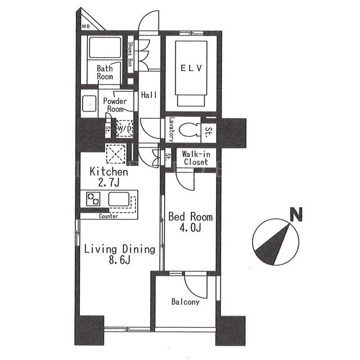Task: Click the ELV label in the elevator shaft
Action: (191, 68)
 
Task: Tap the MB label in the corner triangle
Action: (86, 26)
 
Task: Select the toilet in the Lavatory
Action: (190, 130)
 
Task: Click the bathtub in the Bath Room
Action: (105, 47)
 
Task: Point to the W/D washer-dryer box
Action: (124, 129)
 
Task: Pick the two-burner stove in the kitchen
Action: (93, 199)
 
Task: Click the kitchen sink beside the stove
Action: (119, 199)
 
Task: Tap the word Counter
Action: (109, 216)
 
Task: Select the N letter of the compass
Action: (296, 214)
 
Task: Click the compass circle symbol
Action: (276, 242)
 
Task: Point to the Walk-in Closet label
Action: (196, 158)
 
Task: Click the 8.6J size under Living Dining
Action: (120, 260)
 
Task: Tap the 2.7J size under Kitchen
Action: (109, 182)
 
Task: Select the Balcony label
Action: (185, 301)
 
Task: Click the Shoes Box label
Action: (130, 54)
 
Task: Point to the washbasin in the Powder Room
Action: (89, 103)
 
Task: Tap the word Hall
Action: (148, 95)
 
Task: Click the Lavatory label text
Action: (171, 130)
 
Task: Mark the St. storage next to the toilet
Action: (209, 132)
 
